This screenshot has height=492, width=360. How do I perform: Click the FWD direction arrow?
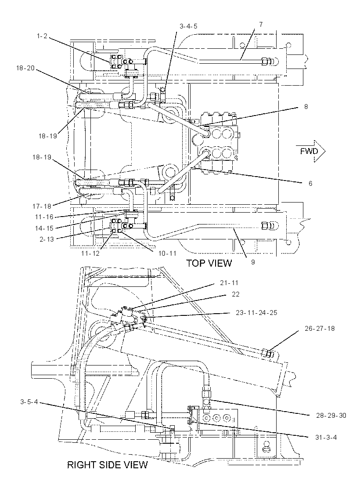[311, 151]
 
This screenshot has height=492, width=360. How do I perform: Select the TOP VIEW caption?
[209, 263]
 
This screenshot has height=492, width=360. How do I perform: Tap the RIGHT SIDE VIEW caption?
[108, 465]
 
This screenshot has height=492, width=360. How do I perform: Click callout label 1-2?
[42, 36]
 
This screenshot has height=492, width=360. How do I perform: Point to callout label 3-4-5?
[188, 26]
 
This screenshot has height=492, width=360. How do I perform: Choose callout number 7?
[261, 24]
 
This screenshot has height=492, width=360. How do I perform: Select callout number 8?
[306, 107]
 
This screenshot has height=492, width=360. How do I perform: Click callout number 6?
[310, 183]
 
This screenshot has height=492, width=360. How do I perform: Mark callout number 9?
[253, 262]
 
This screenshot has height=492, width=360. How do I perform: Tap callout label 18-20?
[25, 68]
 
